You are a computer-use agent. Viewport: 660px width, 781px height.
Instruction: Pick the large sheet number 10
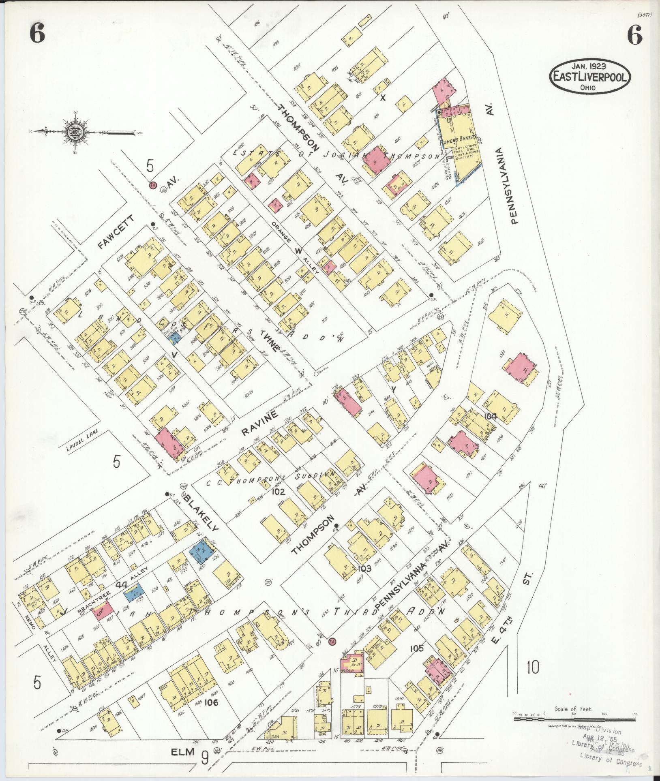click(x=533, y=667)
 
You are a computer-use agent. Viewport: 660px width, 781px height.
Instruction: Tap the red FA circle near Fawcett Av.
click(x=153, y=184)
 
